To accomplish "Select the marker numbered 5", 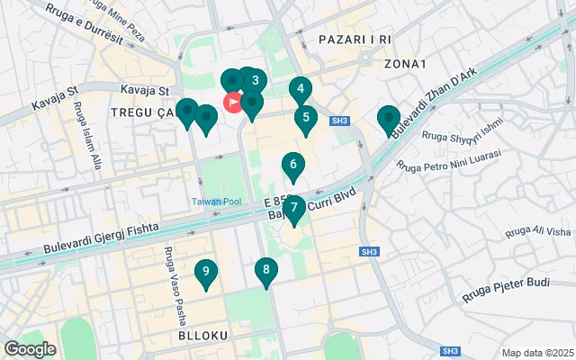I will point(306,118).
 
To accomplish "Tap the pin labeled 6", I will point(292,166).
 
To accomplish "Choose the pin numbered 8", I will point(265,270).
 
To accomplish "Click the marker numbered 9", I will point(207,272).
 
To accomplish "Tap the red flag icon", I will point(233,103).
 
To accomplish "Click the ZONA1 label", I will point(404,64).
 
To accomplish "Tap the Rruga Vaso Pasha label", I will point(168,275).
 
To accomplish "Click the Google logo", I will point(30,349).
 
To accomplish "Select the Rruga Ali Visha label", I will point(537,231).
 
